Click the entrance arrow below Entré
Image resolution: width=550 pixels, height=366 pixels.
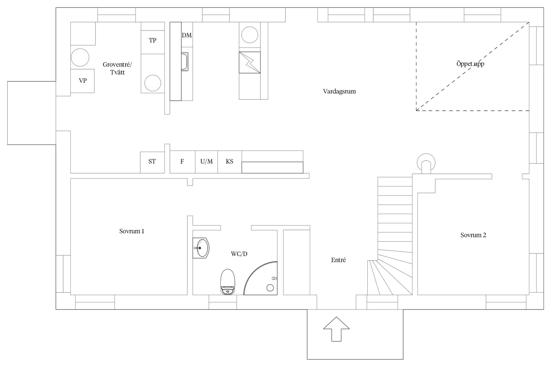(336, 329)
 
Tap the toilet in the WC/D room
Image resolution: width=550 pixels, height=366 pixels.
(228, 282)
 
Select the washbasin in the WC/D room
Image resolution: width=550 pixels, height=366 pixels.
(201, 248)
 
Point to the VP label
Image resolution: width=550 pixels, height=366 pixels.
(82, 81)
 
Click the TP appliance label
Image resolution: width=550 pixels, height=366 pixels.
(152, 40)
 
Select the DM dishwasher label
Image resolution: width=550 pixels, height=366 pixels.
(187, 35)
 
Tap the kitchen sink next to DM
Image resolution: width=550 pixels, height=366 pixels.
(185, 61)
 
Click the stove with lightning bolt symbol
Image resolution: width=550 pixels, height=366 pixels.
(250, 62)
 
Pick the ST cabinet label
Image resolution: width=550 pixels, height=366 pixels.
(152, 162)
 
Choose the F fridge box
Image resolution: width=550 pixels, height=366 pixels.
(182, 162)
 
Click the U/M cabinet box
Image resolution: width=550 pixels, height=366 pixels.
(207, 162)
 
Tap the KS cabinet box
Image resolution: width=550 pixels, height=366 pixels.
(230, 162)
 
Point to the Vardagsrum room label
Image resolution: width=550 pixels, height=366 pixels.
(339, 91)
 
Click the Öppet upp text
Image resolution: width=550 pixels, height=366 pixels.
(470, 64)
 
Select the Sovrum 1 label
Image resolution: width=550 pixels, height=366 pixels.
(132, 231)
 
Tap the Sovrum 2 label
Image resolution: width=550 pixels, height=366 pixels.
(473, 235)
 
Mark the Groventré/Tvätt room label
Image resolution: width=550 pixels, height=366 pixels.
(117, 68)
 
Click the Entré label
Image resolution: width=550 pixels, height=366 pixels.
(338, 260)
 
